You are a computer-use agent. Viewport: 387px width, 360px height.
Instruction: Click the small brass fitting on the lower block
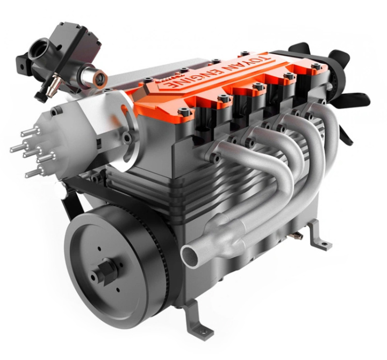(297, 235)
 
